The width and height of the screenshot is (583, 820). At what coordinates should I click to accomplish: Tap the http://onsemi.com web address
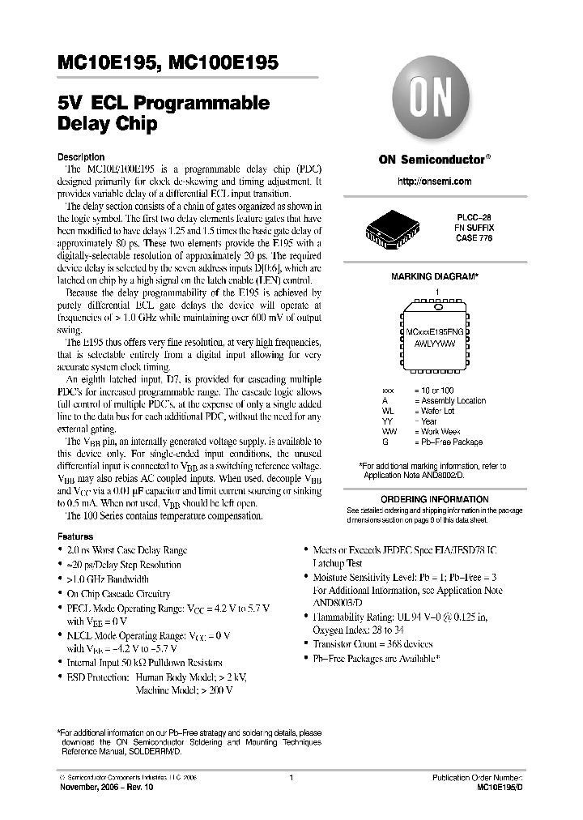pos(435,182)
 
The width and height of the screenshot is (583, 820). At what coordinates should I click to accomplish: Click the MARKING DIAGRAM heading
pos(435,276)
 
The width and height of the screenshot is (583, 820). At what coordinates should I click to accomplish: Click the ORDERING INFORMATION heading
pos(435,499)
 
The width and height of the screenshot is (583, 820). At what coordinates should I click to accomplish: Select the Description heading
pos(81,156)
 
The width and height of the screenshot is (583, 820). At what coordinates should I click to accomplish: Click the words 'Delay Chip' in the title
pos(106,126)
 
